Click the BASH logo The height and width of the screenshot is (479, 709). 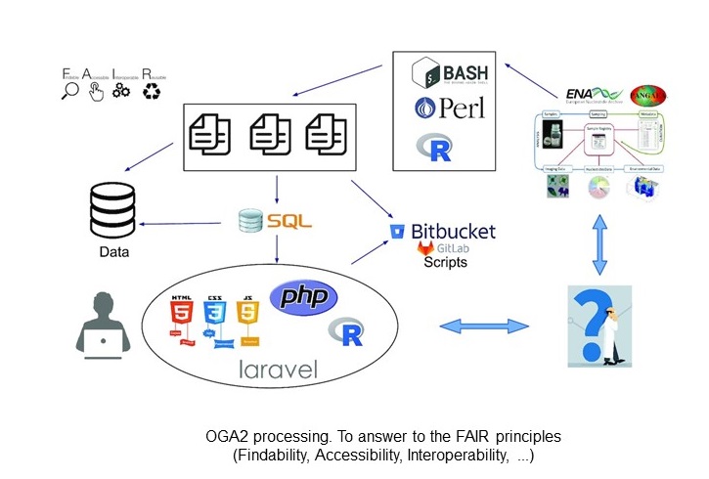450,73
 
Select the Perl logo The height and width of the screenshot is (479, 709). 450,109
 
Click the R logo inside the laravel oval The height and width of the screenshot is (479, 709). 344,332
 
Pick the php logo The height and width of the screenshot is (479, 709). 303,297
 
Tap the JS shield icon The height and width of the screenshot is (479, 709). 247,316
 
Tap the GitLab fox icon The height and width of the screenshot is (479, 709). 425,250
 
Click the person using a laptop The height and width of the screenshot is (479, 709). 103,323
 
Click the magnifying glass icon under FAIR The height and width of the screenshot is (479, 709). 70,91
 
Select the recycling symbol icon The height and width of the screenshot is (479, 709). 152,91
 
